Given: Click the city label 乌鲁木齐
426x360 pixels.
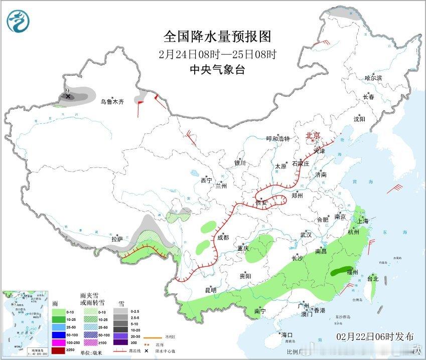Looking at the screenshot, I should [x=111, y=102].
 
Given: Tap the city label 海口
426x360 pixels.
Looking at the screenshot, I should [x=287, y=334].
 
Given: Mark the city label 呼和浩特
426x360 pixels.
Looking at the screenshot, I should [x=278, y=139].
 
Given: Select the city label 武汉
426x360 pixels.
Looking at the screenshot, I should [x=306, y=235].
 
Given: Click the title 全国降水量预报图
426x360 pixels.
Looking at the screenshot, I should [x=217, y=37].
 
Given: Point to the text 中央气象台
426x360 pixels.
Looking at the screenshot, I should [x=217, y=70].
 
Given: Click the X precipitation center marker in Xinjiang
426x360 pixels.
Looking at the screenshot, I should [x=68, y=96].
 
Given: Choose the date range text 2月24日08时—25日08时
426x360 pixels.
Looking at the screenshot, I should [x=217, y=54].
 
